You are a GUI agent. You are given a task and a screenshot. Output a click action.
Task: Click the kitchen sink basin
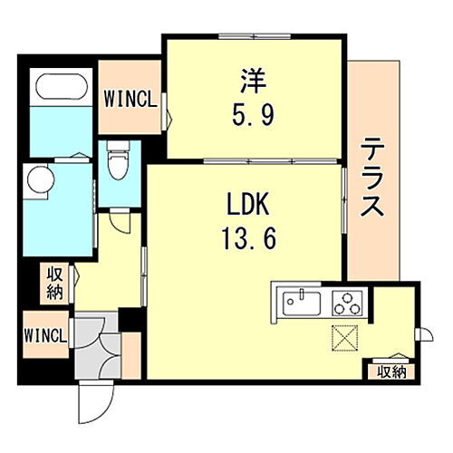pos(299,300)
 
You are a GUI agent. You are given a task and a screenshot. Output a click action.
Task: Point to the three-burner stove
pos(346,301)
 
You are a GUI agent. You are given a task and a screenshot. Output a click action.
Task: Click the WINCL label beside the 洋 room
pos(130,97)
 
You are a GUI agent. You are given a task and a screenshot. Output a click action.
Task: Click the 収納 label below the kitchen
pos(391,370)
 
